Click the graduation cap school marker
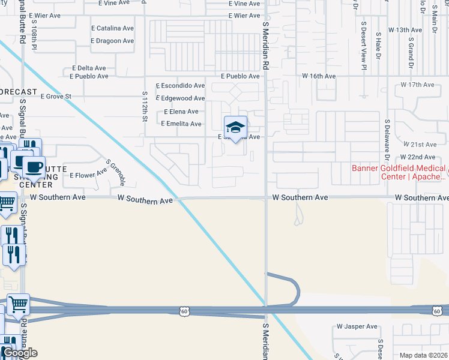[236, 127]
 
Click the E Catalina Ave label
[112, 28]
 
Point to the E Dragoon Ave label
[112, 41]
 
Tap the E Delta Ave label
[89, 68]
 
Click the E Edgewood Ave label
[180, 98]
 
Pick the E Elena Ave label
[181, 112]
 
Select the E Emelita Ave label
[181, 124]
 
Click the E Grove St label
[56, 96]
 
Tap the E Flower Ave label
[88, 175]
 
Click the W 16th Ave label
[319, 76]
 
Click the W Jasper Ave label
[357, 326]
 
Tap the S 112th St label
[145, 106]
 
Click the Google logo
[19, 353]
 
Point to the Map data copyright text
[424, 355]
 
